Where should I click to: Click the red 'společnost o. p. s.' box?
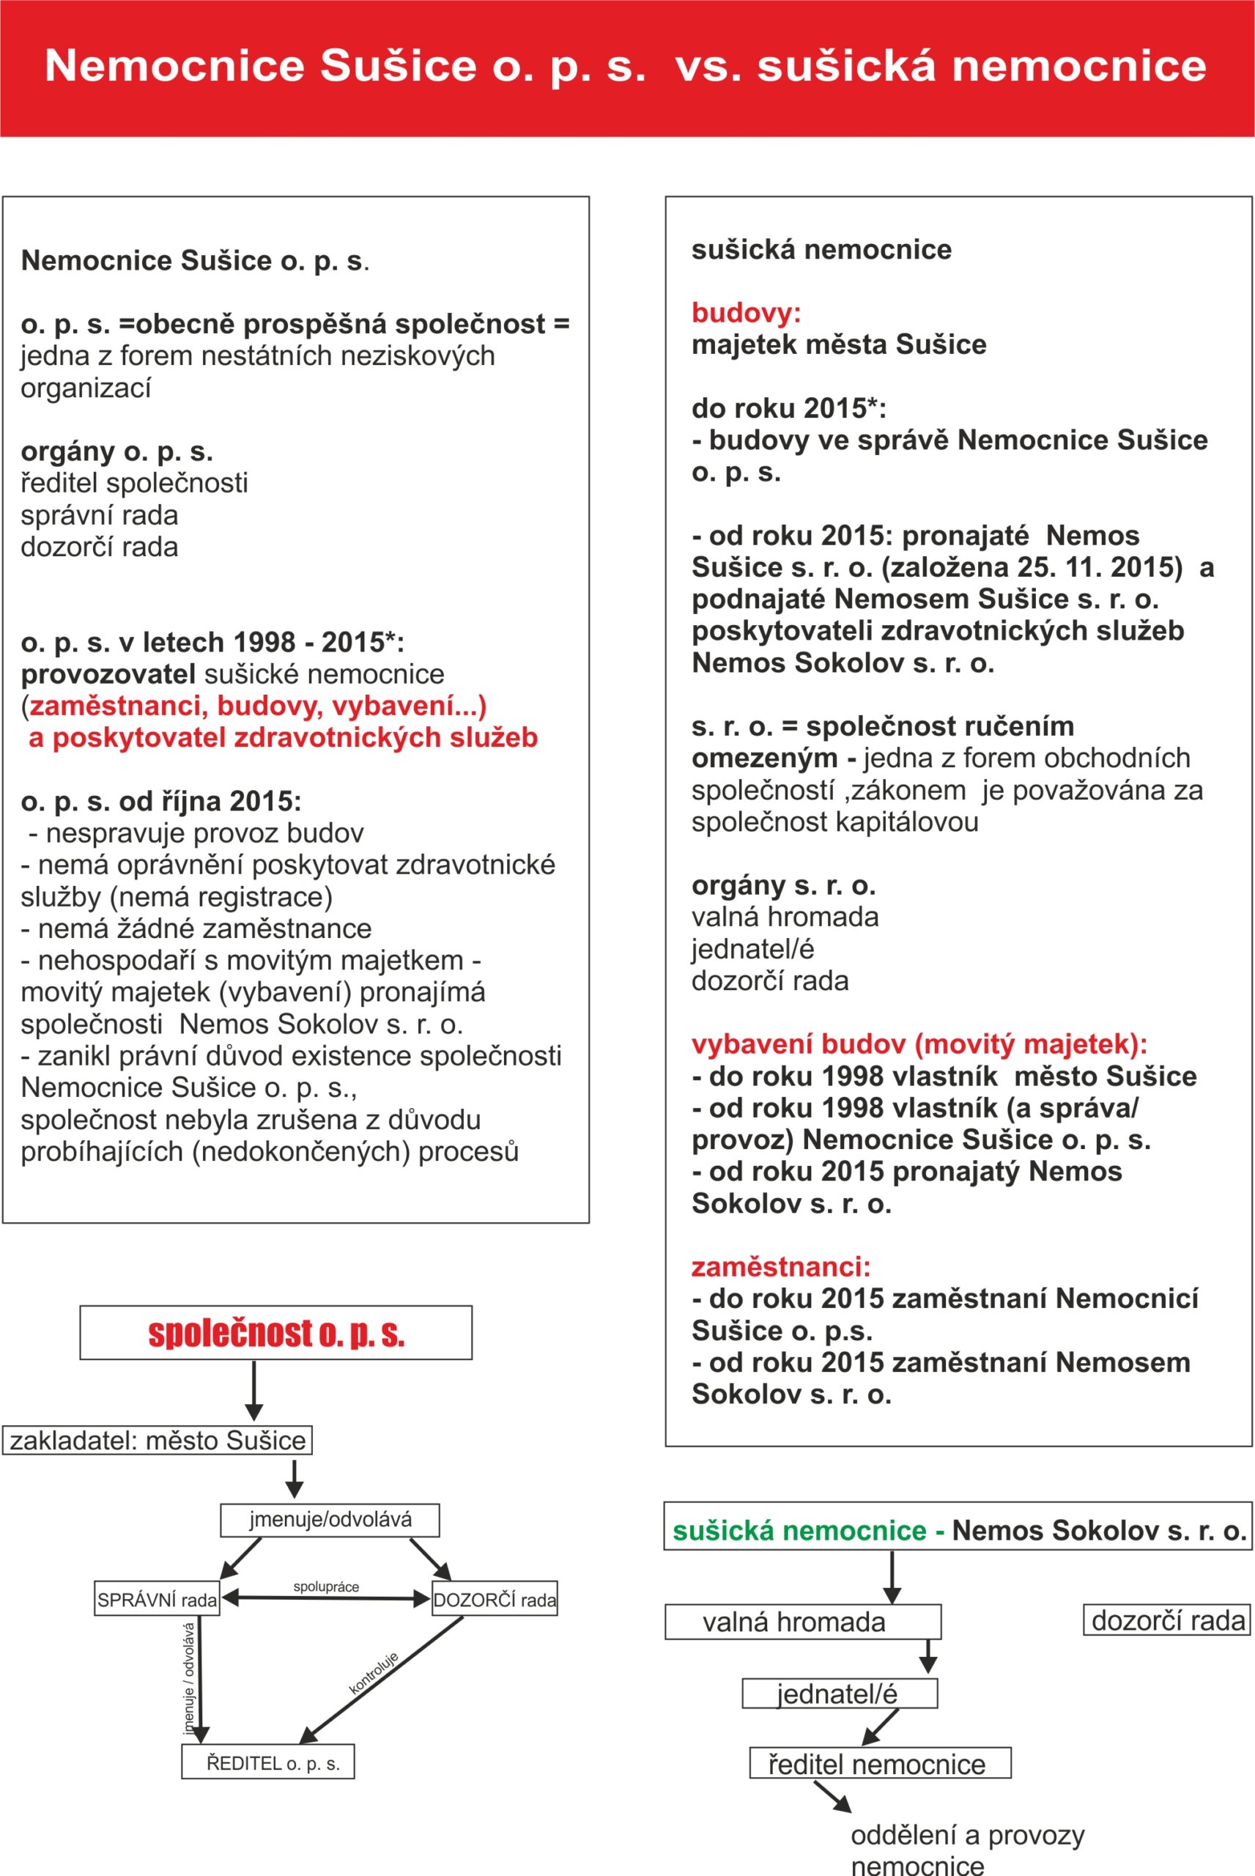click(275, 1332)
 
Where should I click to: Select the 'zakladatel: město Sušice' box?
click(157, 1441)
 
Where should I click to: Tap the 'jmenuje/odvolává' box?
click(330, 1520)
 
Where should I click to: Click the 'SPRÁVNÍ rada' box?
click(157, 1599)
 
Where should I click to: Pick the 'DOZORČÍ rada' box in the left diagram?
click(494, 1599)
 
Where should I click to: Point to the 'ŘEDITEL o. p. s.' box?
click(268, 1762)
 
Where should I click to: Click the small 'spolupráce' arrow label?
click(326, 1587)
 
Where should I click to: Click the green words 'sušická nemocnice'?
click(799, 1531)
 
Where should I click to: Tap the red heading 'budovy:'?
click(746, 312)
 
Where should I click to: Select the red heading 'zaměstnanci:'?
click(780, 1267)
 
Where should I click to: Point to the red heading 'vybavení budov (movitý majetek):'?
click(919, 1044)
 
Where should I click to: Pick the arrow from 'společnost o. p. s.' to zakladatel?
click(253, 1391)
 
